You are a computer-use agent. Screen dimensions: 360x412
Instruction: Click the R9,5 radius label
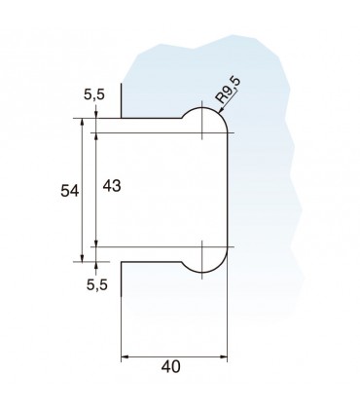(x=229, y=91)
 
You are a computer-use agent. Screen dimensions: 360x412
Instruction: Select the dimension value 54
(x=70, y=191)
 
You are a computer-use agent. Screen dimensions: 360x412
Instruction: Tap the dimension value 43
(x=112, y=186)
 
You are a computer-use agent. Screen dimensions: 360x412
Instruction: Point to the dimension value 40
(x=170, y=367)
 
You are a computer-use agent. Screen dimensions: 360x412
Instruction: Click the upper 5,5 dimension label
(x=94, y=94)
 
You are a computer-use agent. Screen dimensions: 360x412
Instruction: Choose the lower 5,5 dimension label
(x=97, y=284)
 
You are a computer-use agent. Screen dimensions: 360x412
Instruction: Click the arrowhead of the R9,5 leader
(x=220, y=112)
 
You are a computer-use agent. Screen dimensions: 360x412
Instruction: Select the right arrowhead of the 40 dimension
(x=224, y=357)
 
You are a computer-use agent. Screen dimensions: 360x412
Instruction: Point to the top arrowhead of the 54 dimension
(x=82, y=122)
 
